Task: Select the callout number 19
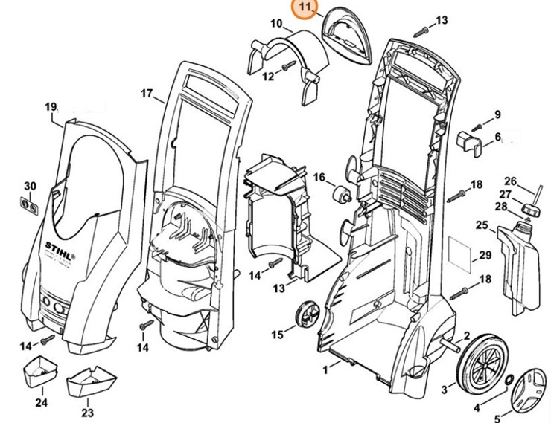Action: pos(51,108)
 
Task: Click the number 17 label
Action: pos(147,94)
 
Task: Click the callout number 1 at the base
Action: pos(325,369)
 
